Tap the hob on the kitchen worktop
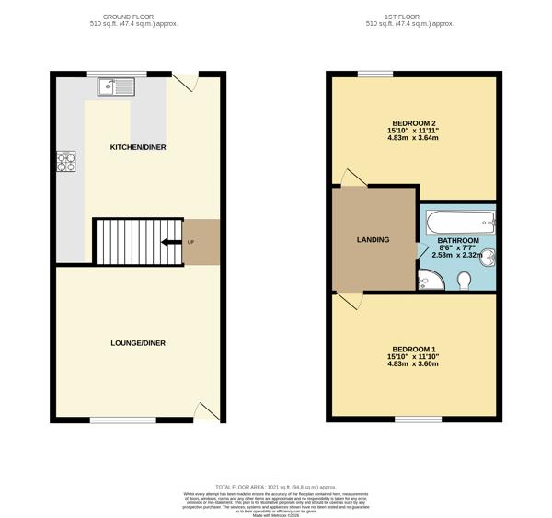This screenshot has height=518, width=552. click(x=66, y=162)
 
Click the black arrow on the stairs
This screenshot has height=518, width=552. click(x=170, y=243)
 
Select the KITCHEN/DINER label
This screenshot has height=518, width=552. click(x=138, y=147)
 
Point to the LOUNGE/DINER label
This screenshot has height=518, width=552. click(x=138, y=343)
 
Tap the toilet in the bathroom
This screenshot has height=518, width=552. click(x=465, y=280)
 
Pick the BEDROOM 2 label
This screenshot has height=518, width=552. click(x=414, y=123)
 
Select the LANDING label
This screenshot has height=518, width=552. click(x=373, y=240)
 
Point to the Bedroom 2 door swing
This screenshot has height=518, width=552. click(x=351, y=177)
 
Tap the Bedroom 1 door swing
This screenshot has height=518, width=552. click(x=351, y=300)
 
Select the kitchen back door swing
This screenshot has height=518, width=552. click(x=187, y=83)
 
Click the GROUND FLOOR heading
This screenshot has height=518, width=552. click(x=137, y=17)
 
